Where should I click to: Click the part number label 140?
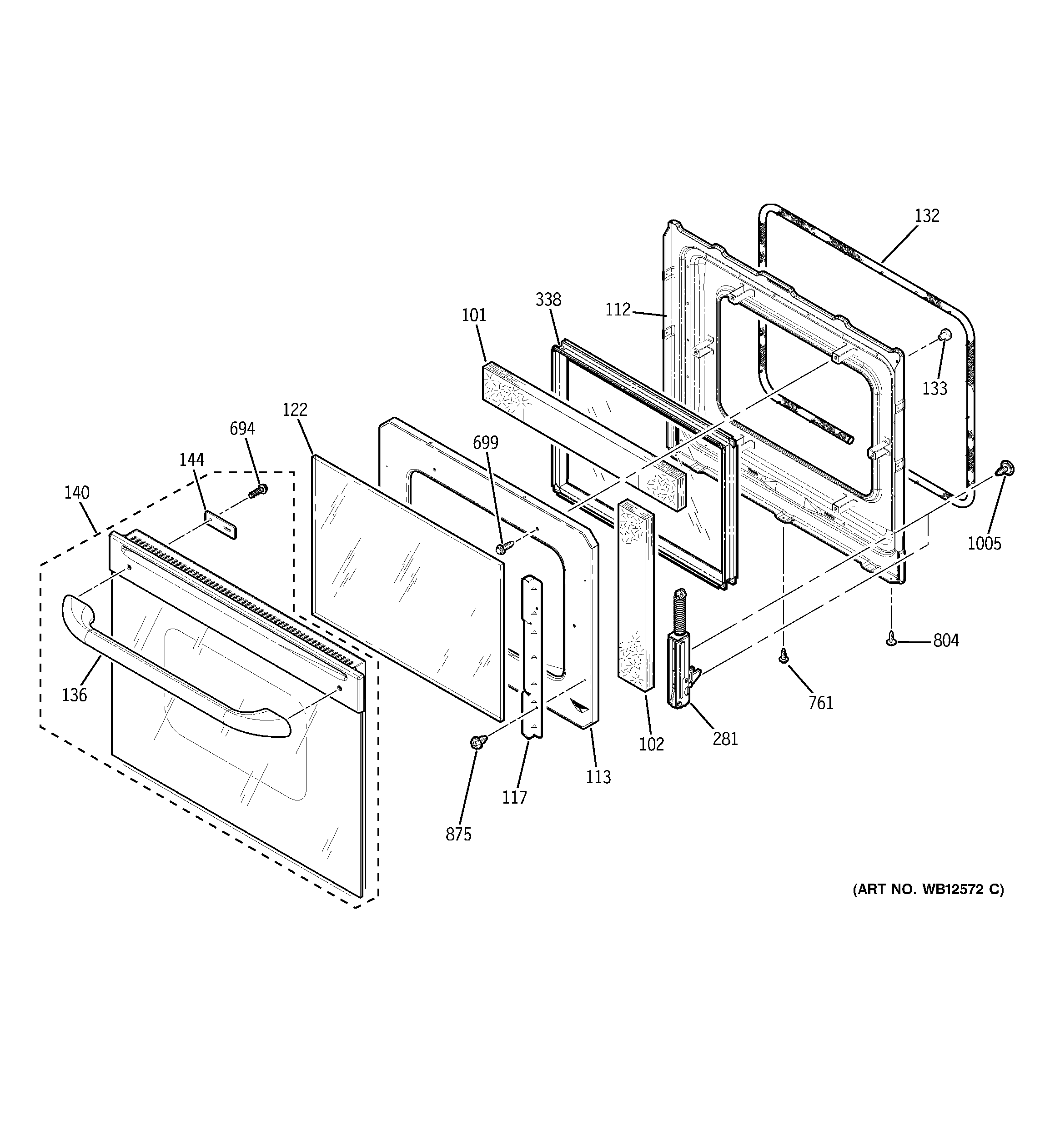pos(76,493)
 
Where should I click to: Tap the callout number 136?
pos(75,695)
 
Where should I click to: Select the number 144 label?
pos(192,460)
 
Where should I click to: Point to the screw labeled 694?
pos(258,490)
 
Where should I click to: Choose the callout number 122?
pos(295,409)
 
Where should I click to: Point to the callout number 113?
pos(598,777)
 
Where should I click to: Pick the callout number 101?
pos(474,315)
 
